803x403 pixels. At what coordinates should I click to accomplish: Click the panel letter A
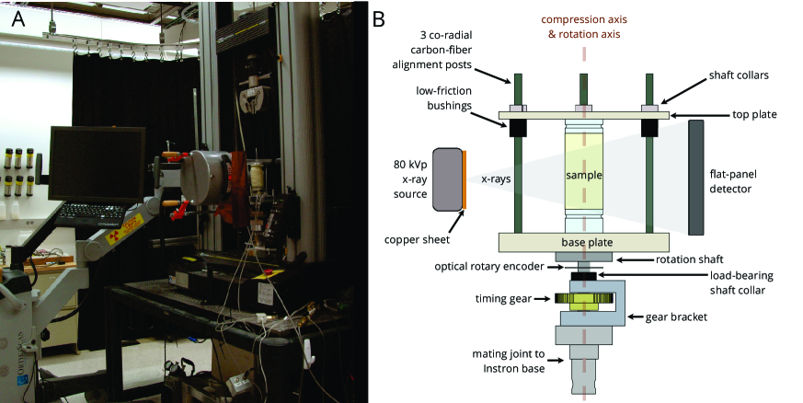click(x=17, y=18)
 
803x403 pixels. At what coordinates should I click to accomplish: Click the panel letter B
click(x=378, y=19)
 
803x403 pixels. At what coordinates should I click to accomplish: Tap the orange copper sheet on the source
click(x=465, y=179)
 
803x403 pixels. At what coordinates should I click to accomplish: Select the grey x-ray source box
click(x=448, y=179)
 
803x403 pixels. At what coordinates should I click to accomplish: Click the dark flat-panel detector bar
click(x=696, y=178)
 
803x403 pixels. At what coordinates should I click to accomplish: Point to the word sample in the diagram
click(x=584, y=175)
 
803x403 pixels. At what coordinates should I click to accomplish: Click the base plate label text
click(x=587, y=242)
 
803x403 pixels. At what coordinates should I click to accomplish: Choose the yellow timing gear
click(x=583, y=299)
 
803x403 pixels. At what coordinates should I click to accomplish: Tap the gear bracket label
click(x=676, y=317)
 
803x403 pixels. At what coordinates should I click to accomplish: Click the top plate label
click(x=754, y=115)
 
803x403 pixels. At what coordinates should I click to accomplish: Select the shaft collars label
click(x=739, y=75)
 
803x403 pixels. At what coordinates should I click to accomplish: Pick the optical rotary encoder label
click(x=489, y=266)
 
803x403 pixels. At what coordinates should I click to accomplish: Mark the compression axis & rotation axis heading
click(x=584, y=27)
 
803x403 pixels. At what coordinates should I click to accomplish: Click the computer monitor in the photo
click(x=97, y=165)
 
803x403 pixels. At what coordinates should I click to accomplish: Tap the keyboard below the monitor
click(x=98, y=214)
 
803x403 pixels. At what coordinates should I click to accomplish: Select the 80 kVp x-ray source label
click(x=410, y=179)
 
